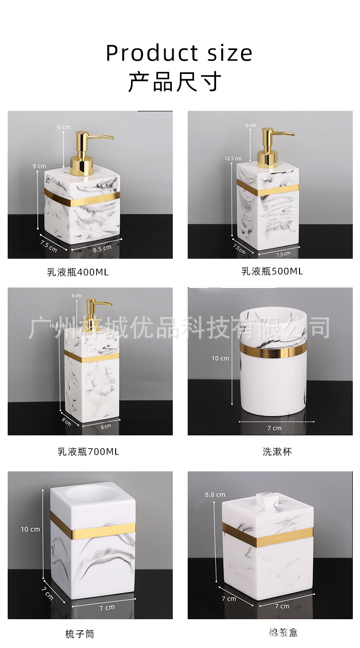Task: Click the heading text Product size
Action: (x=179, y=53)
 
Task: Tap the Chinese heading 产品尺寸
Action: (x=175, y=82)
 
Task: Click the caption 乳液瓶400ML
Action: (x=78, y=272)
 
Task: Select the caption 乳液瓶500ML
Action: (x=272, y=271)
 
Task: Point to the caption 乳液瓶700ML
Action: (x=88, y=452)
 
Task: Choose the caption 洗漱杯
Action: (x=277, y=452)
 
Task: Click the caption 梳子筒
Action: (x=80, y=634)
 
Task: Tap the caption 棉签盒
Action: (x=283, y=633)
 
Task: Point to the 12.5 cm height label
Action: (x=233, y=158)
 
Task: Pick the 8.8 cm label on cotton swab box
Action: (x=215, y=494)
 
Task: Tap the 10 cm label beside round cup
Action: (x=221, y=358)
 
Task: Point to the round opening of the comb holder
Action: (x=94, y=496)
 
